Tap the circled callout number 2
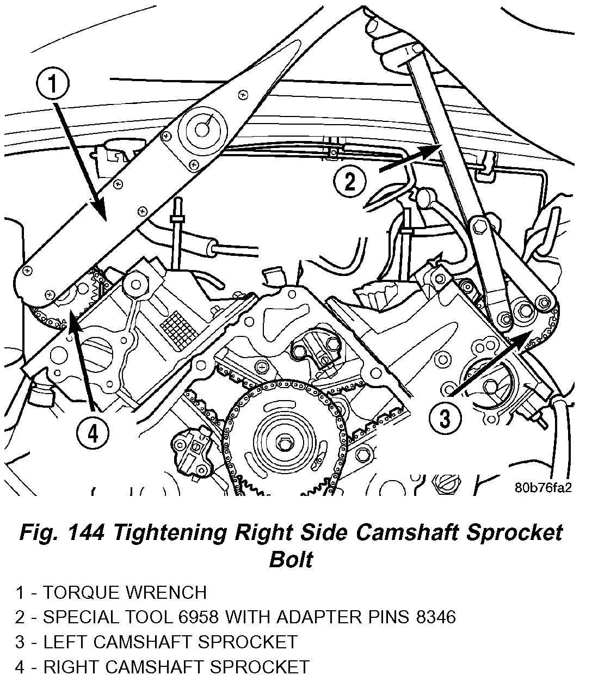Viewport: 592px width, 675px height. point(349,181)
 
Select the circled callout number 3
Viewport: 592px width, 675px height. point(445,419)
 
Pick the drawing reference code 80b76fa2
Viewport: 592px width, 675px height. point(542,487)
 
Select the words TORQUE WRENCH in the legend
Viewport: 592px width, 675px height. point(125,592)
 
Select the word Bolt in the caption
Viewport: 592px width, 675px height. point(291,559)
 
